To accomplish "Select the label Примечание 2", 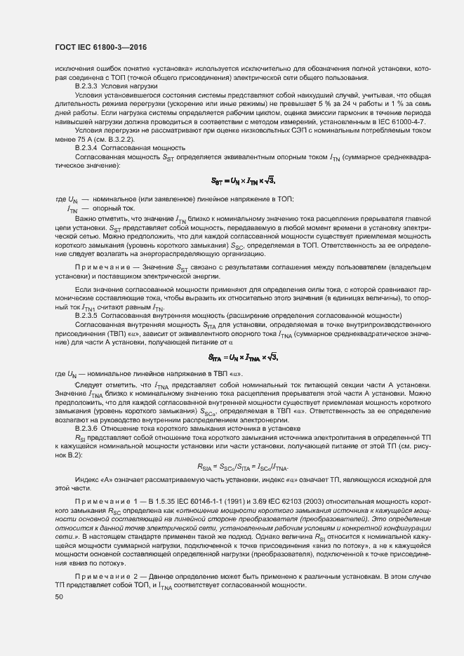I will pyautogui.click(x=103, y=577).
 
